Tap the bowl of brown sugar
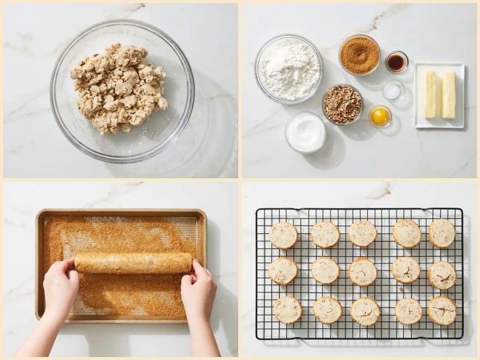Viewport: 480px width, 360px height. [x=359, y=55]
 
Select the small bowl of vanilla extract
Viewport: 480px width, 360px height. [x=396, y=62]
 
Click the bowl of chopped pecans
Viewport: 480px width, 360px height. [x=343, y=104]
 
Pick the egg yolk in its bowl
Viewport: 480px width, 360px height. [x=380, y=116]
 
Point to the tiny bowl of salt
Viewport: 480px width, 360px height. [x=393, y=91]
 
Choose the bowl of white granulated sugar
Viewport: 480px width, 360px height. [x=305, y=132]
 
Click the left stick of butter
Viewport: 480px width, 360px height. [x=430, y=94]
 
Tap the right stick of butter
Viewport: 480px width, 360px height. [x=448, y=95]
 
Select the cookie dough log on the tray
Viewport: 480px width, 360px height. [x=133, y=262]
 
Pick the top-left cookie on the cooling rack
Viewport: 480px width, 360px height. [x=283, y=235]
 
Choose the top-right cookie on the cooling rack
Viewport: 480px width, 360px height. [x=442, y=233]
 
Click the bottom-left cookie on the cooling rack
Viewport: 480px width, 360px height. [x=288, y=310]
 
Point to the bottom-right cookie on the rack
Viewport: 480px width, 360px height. [x=443, y=310]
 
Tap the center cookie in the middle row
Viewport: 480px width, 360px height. [x=363, y=272]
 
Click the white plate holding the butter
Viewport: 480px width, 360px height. [x=439, y=120]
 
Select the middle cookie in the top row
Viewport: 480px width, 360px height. [x=363, y=233]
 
